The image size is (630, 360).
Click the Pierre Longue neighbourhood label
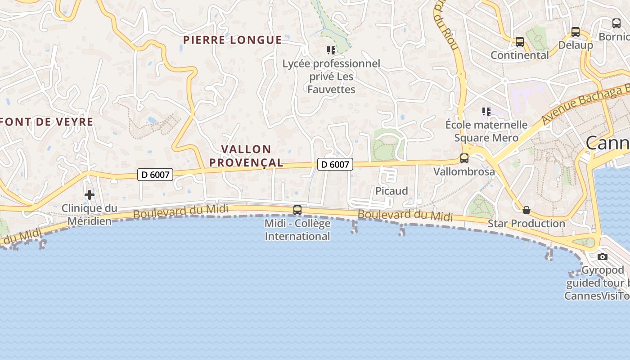tap(232, 40)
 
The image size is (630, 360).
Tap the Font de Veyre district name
tap(47, 122)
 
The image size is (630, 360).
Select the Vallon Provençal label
tap(252, 156)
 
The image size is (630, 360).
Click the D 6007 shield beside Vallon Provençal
tap(335, 165)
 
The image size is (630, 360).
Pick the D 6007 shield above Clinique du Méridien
tap(155, 175)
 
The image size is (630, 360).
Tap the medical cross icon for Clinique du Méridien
tap(90, 195)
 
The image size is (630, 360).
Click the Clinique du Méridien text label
tap(89, 215)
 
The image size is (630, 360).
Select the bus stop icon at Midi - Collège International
tap(297, 210)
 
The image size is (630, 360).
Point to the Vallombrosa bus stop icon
tap(464, 158)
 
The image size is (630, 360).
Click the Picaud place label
tap(391, 191)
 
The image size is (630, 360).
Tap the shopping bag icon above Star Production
tap(526, 210)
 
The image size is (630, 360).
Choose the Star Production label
tap(526, 223)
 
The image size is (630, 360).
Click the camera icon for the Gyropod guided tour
tap(603, 257)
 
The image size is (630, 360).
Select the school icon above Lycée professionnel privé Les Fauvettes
tap(331, 50)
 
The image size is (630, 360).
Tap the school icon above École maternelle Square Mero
tap(486, 111)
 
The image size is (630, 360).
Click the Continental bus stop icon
tap(520, 42)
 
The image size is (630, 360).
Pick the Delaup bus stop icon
tap(576, 32)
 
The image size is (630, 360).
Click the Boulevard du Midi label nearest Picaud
tap(405, 215)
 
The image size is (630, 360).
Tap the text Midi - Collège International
tap(297, 229)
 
